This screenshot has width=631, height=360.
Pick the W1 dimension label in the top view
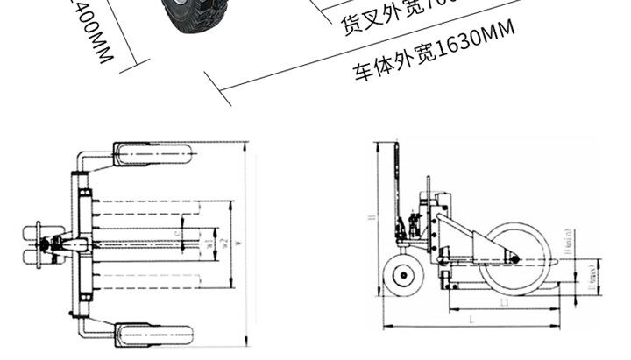(208, 243)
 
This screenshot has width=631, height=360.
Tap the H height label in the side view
(372, 218)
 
